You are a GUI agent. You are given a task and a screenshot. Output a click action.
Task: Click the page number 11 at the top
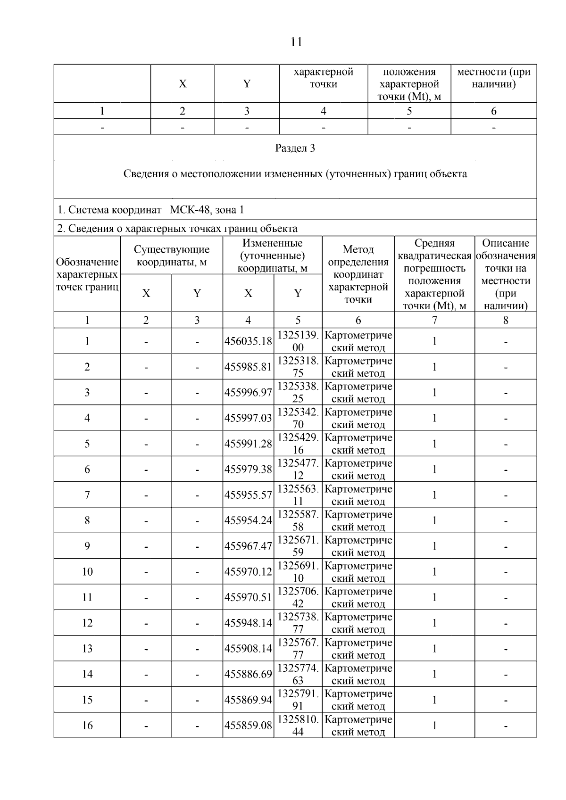point(296,42)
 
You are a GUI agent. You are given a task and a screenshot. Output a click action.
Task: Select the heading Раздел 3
point(295,148)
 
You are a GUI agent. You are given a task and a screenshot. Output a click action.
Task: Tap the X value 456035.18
point(248,341)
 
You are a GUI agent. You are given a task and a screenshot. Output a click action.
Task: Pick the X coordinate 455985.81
point(248,367)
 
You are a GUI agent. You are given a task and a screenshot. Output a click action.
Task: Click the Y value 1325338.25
point(298,392)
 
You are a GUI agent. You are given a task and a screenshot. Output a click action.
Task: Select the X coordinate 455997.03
point(248,418)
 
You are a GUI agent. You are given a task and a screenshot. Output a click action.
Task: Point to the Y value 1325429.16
point(298,444)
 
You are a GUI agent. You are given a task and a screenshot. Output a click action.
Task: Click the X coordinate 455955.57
point(248,495)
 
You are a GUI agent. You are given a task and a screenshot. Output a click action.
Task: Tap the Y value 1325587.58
point(298,520)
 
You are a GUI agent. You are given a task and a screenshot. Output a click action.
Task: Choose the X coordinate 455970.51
point(248,597)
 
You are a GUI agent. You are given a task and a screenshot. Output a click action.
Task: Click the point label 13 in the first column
point(87,649)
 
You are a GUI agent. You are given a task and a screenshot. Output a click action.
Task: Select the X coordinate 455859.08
point(248,726)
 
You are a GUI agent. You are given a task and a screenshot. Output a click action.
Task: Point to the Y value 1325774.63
point(298,674)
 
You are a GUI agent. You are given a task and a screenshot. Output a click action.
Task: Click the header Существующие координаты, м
point(172,256)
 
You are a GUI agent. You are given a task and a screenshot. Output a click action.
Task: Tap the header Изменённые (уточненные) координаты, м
point(272,256)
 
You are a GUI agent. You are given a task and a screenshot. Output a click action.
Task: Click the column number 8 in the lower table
point(506,321)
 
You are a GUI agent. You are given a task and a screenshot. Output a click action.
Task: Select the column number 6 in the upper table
point(494,111)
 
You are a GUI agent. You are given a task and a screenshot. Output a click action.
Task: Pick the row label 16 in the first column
point(87,726)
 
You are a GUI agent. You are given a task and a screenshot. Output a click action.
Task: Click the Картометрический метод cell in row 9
point(358,546)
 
